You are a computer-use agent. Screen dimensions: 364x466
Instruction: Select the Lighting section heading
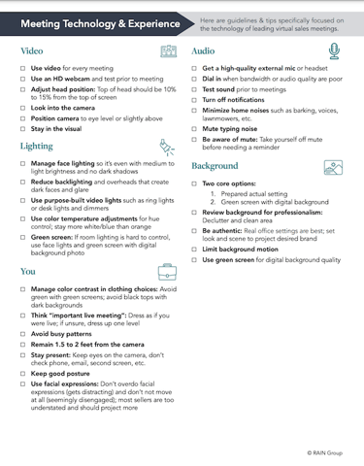click(36, 147)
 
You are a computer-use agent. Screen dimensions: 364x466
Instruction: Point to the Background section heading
click(215, 166)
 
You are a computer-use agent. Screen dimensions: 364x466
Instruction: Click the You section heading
click(27, 271)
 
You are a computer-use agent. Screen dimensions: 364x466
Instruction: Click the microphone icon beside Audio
click(335, 50)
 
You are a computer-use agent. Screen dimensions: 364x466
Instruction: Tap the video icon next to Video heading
click(167, 51)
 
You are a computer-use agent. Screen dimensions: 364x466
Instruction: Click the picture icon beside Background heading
click(333, 167)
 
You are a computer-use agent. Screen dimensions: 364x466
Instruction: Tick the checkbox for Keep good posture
click(22, 372)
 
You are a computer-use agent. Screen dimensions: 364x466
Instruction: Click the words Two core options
click(230, 183)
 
